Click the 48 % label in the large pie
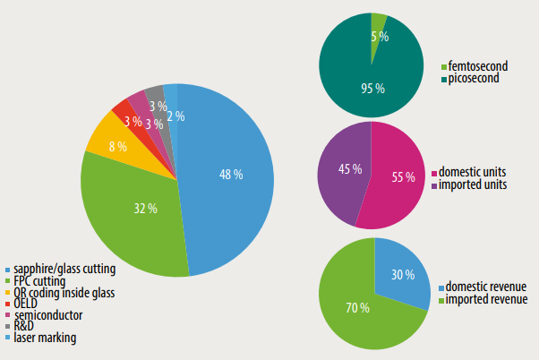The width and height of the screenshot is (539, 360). pos(231,175)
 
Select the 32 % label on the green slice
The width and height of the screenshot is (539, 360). pos(144,209)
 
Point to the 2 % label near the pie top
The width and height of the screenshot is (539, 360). pos(175,116)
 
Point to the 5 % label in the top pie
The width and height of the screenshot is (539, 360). pos(380,37)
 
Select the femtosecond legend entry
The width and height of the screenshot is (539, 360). pos(475,67)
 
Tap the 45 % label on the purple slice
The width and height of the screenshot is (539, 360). pos(350,169)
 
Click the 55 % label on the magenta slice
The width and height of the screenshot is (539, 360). pos(403,177)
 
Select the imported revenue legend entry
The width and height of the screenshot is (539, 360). pos(484,298)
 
